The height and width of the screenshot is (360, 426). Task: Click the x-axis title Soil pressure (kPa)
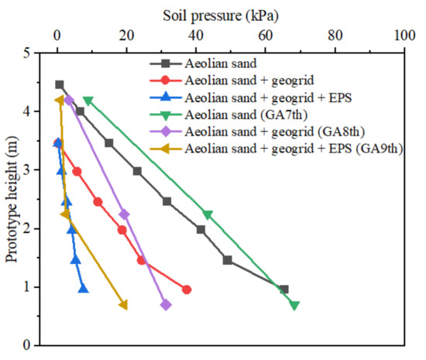point(222,15)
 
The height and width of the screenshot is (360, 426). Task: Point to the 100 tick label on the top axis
point(404,36)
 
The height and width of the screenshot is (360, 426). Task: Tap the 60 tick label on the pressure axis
point(265,36)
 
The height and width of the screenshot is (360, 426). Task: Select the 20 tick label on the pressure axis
point(126,36)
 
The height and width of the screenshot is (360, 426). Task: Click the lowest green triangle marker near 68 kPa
point(294,305)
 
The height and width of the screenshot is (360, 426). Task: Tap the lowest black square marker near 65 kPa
point(283,289)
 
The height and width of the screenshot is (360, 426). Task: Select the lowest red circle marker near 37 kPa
point(186,290)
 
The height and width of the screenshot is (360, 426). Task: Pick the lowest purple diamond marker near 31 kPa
point(166,305)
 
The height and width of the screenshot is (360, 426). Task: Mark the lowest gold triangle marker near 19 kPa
point(123,305)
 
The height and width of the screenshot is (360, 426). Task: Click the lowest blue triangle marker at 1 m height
point(83,289)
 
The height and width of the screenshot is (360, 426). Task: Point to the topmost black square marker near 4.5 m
point(60,84)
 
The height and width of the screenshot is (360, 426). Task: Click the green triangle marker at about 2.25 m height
point(207,214)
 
